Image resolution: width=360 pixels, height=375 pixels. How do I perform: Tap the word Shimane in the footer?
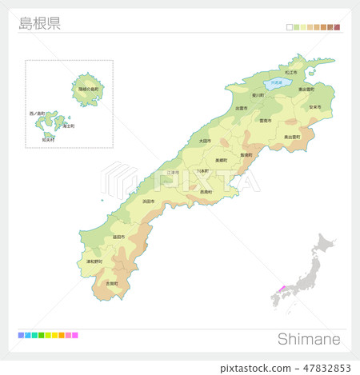(309, 339)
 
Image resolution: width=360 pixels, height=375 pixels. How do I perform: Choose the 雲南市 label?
(266, 121)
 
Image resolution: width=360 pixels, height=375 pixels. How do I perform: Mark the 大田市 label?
(206, 141)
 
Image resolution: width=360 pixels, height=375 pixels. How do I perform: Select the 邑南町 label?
(206, 192)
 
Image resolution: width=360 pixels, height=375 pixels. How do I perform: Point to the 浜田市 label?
(149, 201)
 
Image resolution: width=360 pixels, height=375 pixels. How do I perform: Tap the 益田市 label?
(118, 237)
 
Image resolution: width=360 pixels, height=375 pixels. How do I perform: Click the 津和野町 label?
(94, 261)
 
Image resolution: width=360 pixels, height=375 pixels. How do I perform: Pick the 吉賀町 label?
(112, 283)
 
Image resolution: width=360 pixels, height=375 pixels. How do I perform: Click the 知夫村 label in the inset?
(50, 139)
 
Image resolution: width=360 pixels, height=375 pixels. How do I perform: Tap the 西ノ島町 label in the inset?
(39, 114)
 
